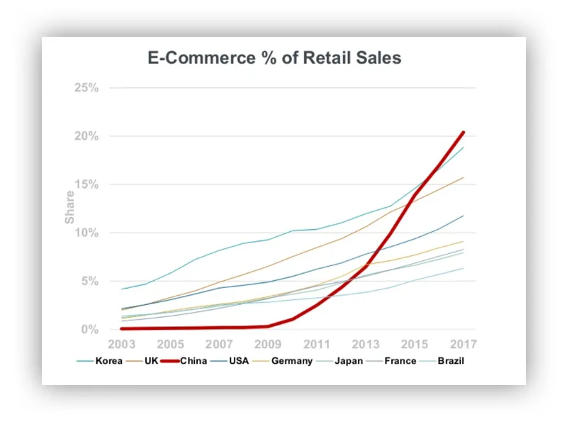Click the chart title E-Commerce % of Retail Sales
coord(274,57)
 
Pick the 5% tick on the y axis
coord(88,281)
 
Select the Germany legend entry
coord(291,361)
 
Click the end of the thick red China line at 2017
coord(464,132)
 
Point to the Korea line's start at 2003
coord(122,289)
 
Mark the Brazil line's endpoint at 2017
coord(464,268)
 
